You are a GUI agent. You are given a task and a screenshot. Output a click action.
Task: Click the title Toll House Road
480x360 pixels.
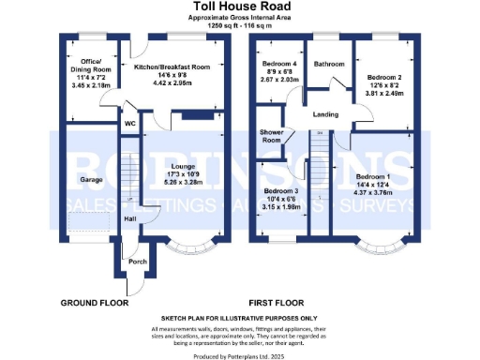tap(239, 7)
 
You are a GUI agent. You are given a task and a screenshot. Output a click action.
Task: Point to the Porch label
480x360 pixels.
tap(138, 262)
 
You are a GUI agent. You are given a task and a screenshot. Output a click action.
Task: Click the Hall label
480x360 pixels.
tap(130, 219)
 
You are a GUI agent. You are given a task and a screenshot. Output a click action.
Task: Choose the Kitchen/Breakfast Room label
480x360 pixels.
tap(172, 67)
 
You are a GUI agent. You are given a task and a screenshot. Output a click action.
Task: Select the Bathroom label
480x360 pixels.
tap(329, 65)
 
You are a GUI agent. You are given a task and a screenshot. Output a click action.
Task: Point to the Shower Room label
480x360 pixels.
tap(272, 136)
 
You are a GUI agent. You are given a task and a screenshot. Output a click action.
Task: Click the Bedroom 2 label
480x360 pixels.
tap(385, 78)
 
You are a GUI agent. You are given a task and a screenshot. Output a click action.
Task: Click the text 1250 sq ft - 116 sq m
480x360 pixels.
tap(239, 26)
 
